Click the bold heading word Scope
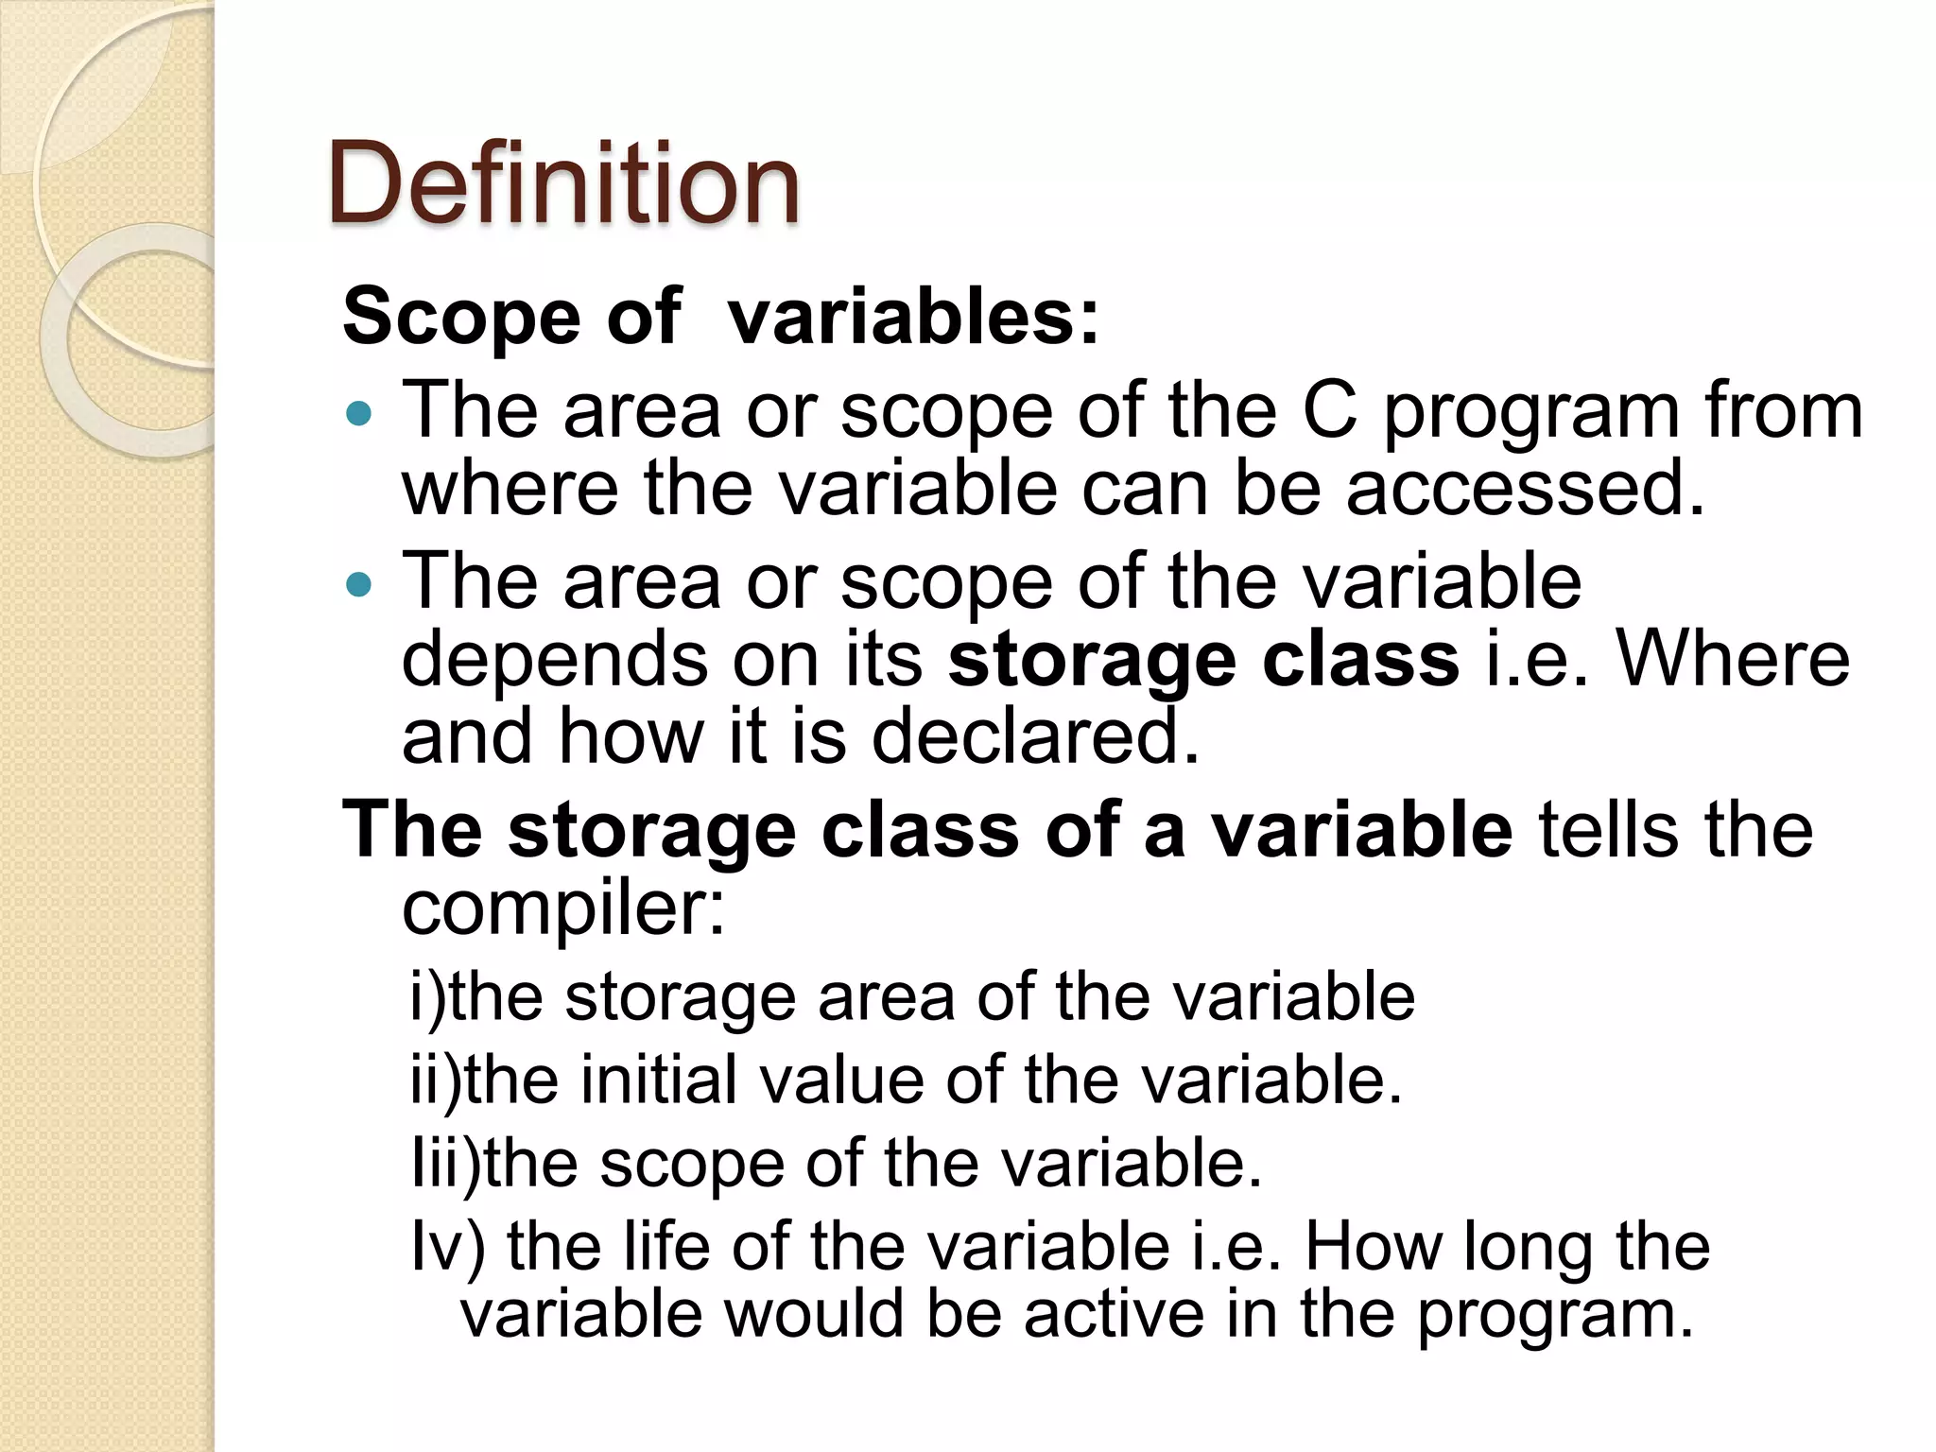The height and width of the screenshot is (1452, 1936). click(461, 317)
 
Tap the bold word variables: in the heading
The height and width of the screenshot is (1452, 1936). click(914, 317)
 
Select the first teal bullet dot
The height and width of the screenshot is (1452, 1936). click(360, 414)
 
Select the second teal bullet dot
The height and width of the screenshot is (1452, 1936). click(360, 585)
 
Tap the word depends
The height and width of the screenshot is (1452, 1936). click(555, 659)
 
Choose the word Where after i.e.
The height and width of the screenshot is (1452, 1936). click(1732, 659)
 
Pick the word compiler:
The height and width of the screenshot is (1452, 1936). click(563, 908)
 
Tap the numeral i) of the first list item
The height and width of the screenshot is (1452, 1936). click(427, 997)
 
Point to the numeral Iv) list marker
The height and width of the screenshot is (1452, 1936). click(448, 1246)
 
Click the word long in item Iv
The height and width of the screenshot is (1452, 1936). click(1529, 1248)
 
